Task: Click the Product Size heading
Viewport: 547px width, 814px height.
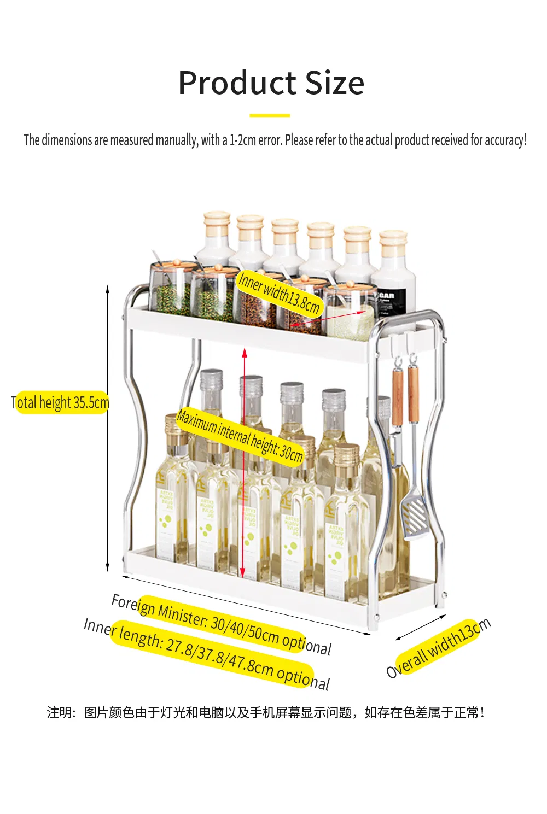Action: pos(271,83)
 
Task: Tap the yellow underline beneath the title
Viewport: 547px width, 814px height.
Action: pos(270,115)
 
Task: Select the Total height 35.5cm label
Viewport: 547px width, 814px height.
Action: pos(60,403)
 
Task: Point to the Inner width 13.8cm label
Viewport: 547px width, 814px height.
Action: pos(279,292)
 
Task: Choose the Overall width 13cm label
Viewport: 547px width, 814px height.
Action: pos(438,648)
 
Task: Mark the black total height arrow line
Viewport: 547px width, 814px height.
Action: pos(108,426)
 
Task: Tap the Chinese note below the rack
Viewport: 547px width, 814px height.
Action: pos(266,712)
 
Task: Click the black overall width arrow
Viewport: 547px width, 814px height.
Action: pos(420,628)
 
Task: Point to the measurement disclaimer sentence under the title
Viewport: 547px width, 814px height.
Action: pos(275,140)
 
